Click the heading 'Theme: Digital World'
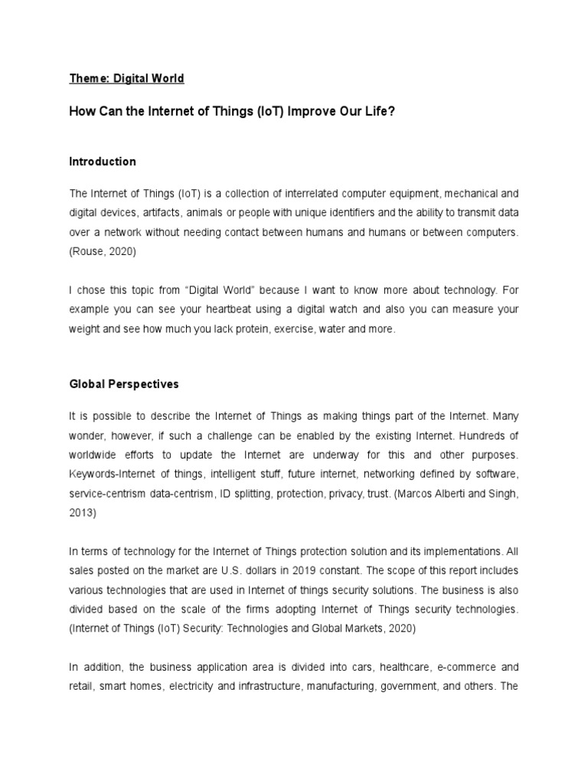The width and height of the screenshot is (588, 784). [126, 78]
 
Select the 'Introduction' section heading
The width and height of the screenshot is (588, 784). [102, 162]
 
